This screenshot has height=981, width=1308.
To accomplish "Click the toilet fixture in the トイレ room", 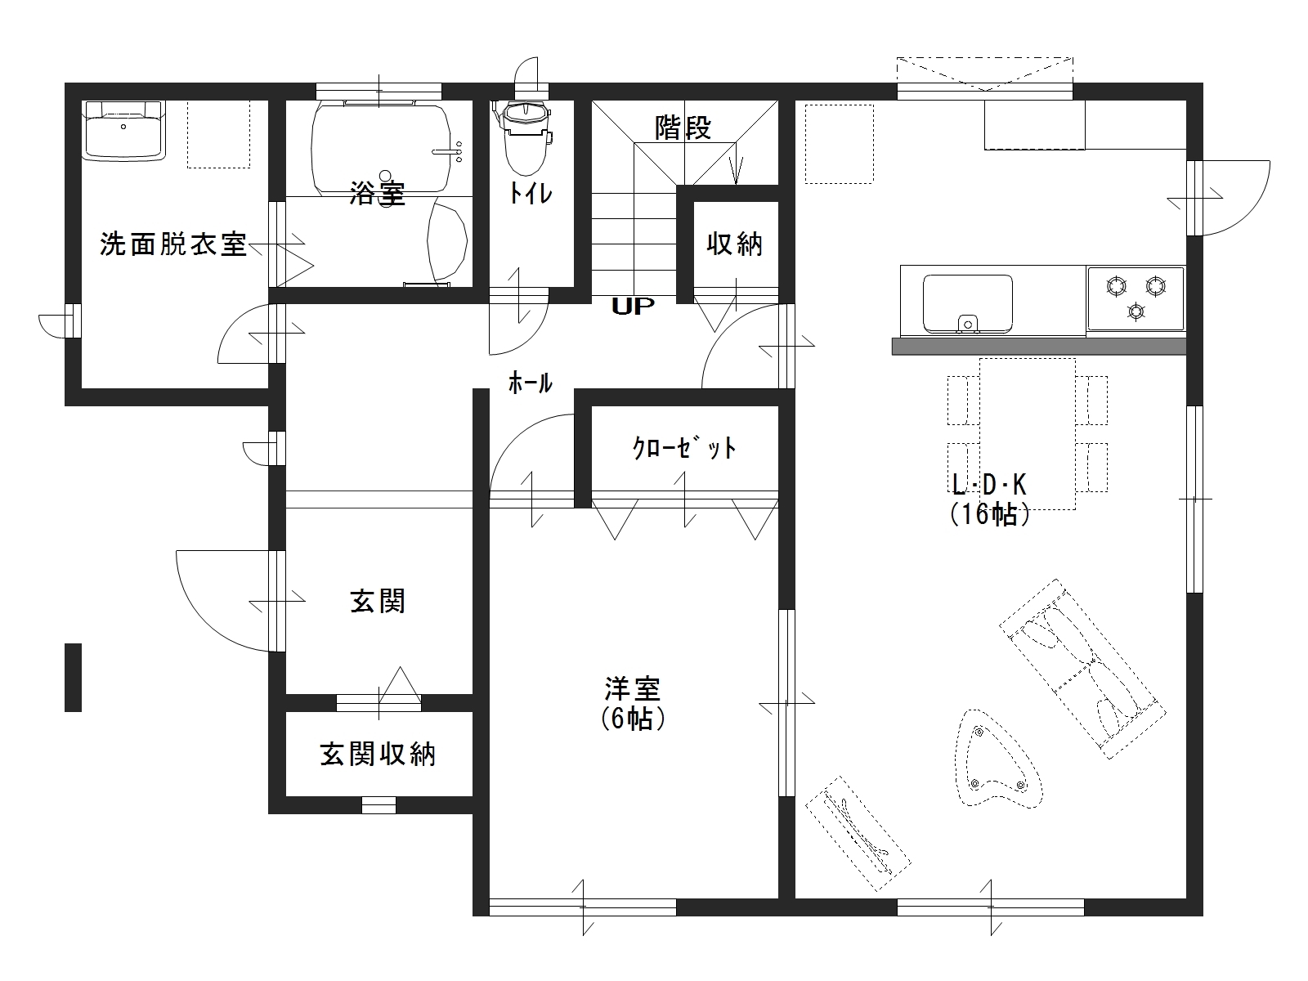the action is [x=526, y=138].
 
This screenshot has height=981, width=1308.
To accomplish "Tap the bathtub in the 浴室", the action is [x=380, y=148].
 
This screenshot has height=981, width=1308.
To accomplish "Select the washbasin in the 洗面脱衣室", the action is [x=123, y=131].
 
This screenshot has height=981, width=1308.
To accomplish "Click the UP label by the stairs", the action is [x=633, y=306].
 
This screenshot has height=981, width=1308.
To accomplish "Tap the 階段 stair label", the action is [x=683, y=128].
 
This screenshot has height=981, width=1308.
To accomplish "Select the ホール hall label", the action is [x=530, y=383].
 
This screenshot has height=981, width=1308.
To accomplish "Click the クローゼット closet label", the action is [x=684, y=448].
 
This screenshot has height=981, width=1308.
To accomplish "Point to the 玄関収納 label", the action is [x=379, y=755].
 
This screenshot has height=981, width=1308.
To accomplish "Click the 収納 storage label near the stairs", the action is [x=735, y=244].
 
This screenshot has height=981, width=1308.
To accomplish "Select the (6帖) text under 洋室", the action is [x=633, y=719].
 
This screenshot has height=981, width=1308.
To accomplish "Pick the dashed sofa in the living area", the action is [x=1082, y=669].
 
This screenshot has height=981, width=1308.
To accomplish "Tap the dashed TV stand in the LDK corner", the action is [x=858, y=834].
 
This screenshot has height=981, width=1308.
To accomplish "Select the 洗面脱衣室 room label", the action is [x=172, y=244].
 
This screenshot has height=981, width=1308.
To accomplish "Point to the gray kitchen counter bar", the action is [x=1039, y=347].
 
